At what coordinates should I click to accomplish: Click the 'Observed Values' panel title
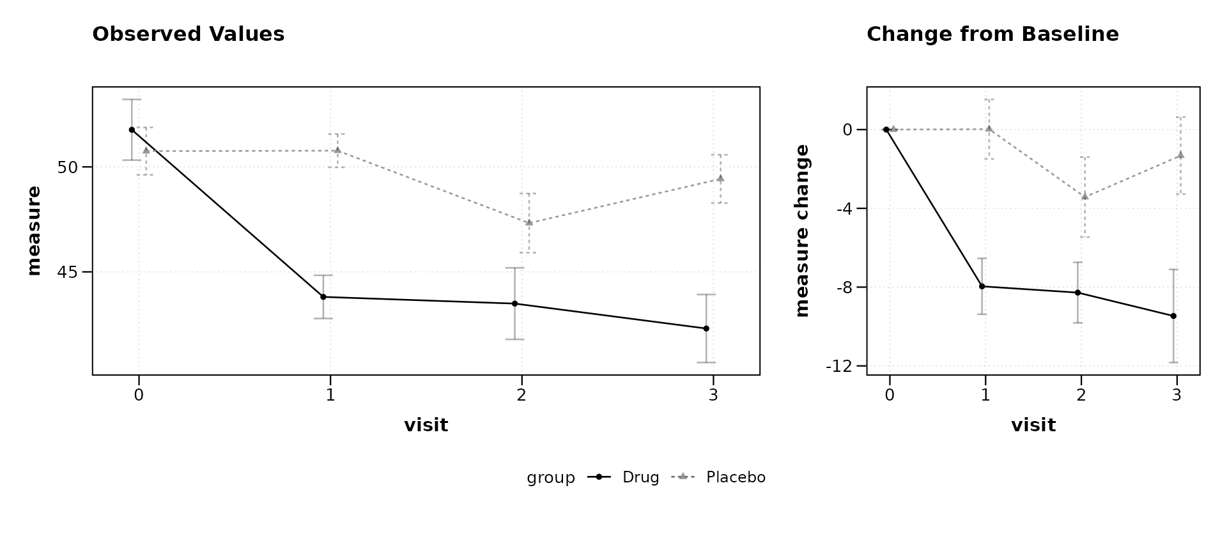coord(189,34)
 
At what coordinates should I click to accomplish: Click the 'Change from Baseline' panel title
coord(992,34)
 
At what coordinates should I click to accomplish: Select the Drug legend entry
coord(624,477)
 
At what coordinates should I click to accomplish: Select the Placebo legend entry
coord(719,477)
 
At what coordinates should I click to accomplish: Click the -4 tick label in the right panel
coord(844,208)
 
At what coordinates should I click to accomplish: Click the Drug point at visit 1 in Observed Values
coord(323,297)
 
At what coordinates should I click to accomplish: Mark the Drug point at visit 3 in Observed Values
coord(706,328)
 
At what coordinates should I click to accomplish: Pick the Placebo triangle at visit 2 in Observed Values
coord(529,222)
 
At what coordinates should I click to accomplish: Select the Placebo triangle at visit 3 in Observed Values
coord(720,178)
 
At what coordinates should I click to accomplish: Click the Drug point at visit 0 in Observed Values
coord(132,130)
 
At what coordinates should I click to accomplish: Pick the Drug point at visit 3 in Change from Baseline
coord(1173,316)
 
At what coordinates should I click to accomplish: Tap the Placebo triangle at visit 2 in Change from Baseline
coord(1084,196)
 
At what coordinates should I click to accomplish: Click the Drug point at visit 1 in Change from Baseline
coord(982,286)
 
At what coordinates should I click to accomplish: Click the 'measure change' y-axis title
coord(802,231)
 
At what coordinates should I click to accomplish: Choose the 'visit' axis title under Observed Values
coord(426,425)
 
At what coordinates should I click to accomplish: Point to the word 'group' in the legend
coord(551,478)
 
